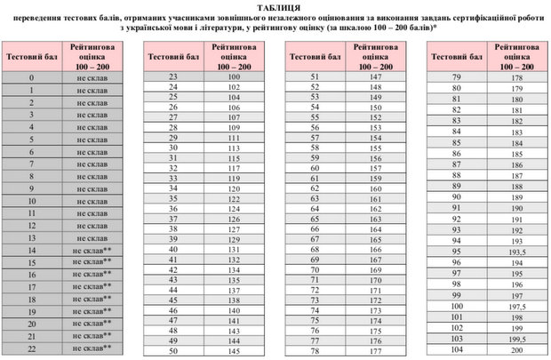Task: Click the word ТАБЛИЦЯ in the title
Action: pos(275,6)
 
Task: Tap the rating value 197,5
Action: pos(516,306)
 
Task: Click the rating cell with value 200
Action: pos(516,351)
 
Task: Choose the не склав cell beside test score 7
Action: pos(92,164)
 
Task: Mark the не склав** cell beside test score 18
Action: pos(92,300)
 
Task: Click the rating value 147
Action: pos(376,77)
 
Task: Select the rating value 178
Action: pos(516,78)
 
